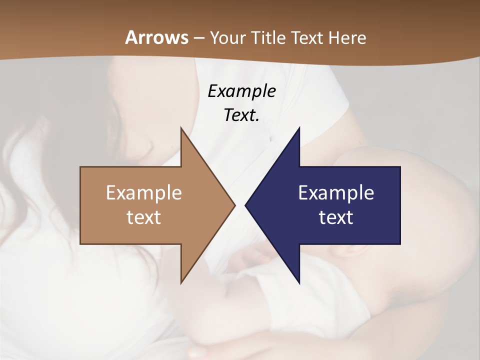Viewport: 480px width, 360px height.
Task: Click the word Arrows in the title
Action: [156, 37]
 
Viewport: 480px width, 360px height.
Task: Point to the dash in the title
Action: [198, 38]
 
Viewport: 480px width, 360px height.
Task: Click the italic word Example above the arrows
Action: [241, 91]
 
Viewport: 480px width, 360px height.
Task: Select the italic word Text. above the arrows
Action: [241, 115]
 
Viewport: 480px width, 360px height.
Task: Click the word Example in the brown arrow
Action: [144, 192]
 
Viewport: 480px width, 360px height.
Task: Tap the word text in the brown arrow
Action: [144, 217]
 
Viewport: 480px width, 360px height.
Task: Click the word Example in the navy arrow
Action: [336, 192]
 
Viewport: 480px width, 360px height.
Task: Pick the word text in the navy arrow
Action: [336, 217]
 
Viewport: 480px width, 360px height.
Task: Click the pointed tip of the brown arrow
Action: [234, 205]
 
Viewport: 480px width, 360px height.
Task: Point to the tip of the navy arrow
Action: [245, 205]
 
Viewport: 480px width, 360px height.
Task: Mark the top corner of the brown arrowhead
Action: [181, 128]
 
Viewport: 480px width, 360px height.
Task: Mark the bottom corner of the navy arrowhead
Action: [299, 283]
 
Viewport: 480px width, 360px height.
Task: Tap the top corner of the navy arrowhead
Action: [299, 128]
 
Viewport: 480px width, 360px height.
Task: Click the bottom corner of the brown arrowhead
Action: [181, 283]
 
